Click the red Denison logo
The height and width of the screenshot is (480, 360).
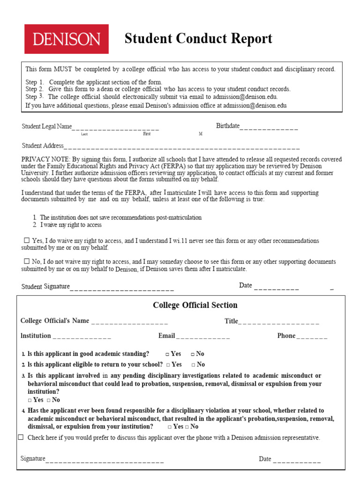pyautogui.click(x=67, y=39)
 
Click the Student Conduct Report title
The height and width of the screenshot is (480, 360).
pyautogui.click(x=198, y=39)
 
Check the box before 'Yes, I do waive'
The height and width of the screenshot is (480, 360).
pyautogui.click(x=27, y=240)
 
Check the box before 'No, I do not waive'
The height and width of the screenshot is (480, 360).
pyautogui.click(x=27, y=262)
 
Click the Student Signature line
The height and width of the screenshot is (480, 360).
pyautogui.click(x=122, y=287)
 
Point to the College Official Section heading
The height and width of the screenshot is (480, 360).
pyautogui.click(x=195, y=305)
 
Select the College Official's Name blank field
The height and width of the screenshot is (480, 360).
pyautogui.click(x=129, y=322)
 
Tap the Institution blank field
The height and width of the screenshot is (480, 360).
pyautogui.click(x=82, y=337)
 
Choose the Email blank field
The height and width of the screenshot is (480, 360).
pyautogui.click(x=203, y=337)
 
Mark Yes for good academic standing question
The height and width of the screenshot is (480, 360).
pyautogui.click(x=167, y=354)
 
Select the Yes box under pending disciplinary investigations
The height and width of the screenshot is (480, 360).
pyautogui.click(x=30, y=400)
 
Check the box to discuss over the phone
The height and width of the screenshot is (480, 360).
pyautogui.click(x=21, y=437)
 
